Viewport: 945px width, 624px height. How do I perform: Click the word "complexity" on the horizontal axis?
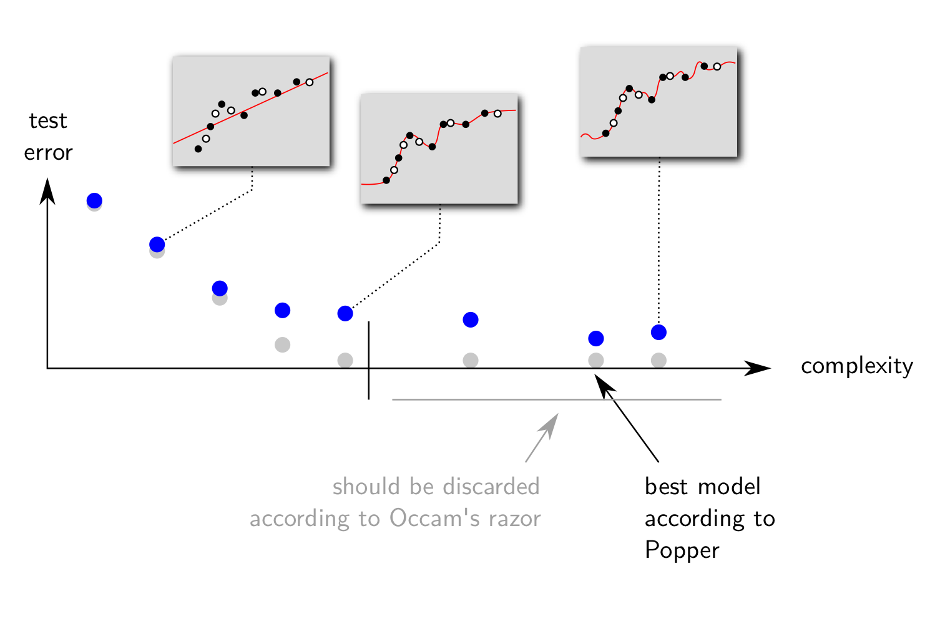click(x=856, y=366)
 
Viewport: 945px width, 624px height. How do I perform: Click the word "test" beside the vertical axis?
click(x=48, y=120)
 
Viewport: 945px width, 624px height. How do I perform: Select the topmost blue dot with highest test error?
click(x=94, y=200)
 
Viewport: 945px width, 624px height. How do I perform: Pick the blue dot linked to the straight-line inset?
click(x=157, y=244)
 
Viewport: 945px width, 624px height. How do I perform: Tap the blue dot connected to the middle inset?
click(x=345, y=313)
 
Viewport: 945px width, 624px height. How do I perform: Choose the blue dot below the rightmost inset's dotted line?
click(x=659, y=332)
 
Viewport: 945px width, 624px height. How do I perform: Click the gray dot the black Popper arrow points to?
click(x=596, y=360)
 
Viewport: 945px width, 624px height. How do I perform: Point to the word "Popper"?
click(x=682, y=550)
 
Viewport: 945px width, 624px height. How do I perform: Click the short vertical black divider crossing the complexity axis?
click(x=369, y=361)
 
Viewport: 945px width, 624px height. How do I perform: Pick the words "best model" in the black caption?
click(x=702, y=487)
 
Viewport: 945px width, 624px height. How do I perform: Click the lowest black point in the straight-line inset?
click(x=198, y=149)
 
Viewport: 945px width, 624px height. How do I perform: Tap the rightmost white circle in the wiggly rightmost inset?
click(x=717, y=67)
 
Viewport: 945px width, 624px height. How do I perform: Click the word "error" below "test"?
click(x=48, y=153)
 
